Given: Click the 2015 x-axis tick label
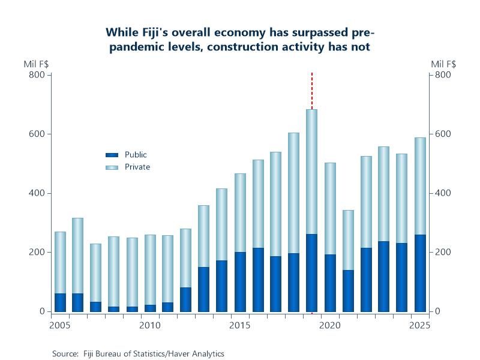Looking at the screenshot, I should [240, 325].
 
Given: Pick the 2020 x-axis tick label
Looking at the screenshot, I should [329, 325].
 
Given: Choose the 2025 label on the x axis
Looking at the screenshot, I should [419, 325].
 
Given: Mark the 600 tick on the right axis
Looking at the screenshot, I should [443, 134].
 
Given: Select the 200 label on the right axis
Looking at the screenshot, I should [443, 253].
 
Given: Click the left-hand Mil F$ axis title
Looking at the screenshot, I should [37, 64].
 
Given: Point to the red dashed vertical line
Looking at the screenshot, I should [312, 90].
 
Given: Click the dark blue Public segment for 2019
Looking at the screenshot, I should [312, 273].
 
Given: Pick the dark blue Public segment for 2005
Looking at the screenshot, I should [60, 302].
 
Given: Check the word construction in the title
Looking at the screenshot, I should [235, 47].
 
